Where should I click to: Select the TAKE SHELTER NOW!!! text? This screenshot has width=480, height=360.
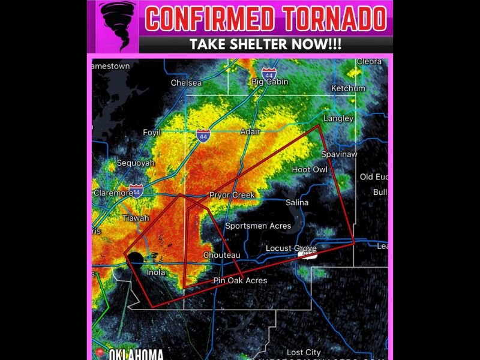[265, 44]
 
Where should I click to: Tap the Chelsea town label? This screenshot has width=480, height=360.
[186, 83]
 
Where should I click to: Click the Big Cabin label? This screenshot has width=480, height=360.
[269, 82]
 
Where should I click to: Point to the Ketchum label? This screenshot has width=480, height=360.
[348, 88]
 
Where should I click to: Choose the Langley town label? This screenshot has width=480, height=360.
[338, 118]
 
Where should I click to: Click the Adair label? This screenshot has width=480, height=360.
[250, 131]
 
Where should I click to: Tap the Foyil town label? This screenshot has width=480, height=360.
[152, 132]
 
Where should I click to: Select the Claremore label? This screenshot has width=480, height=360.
[113, 193]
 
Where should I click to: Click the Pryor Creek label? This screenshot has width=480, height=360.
[232, 195]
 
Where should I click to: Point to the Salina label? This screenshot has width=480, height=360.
[296, 202]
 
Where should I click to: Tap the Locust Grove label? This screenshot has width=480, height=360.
[291, 248]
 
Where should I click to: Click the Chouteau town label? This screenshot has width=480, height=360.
[221, 255]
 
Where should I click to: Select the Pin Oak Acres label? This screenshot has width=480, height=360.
[240, 280]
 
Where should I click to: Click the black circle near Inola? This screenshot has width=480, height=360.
[136, 259]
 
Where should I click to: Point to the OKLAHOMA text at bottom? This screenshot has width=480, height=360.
[136, 354]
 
